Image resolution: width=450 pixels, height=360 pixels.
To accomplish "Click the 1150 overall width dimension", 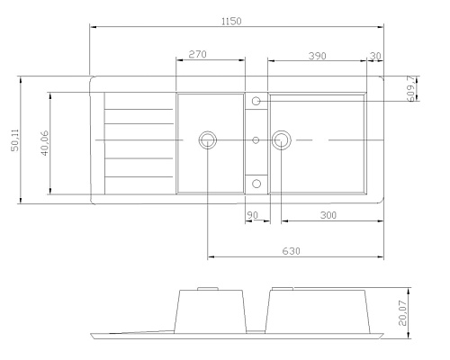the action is click(231, 22).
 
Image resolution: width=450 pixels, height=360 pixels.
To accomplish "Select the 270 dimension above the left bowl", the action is click(197, 54).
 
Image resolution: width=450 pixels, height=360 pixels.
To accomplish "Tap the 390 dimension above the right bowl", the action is click(318, 56).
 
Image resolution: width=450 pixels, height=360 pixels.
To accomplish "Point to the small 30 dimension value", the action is click(375, 56).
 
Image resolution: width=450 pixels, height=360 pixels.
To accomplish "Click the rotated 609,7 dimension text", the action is click(412, 88).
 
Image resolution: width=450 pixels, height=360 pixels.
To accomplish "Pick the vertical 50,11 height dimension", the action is click(15, 140).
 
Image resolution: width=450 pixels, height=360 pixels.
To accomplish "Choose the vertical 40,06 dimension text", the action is click(44, 143).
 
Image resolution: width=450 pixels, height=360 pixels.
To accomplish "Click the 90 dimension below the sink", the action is click(252, 215).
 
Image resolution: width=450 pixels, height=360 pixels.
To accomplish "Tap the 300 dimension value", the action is click(328, 215).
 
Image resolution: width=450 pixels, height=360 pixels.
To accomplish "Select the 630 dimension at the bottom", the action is click(291, 251).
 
